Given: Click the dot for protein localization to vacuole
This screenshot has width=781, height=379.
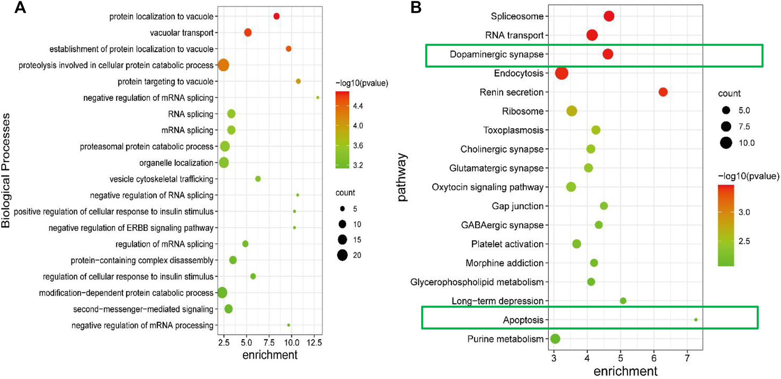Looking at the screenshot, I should coord(276,16).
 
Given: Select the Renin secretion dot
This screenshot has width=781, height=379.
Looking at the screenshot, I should coord(663,92).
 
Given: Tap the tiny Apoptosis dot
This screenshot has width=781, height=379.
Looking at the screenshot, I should coord(695,320).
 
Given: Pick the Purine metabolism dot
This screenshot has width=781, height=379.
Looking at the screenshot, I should coord(555,339).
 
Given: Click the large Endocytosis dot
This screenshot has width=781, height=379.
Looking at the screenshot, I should coord(562,73).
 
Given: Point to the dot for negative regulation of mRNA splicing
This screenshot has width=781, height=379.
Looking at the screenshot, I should coord(318,98).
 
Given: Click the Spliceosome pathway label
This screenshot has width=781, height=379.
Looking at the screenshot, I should coord(517,16).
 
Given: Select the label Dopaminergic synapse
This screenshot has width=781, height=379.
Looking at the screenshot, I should coord(496,54).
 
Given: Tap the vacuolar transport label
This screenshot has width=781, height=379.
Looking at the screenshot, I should coord(182,33).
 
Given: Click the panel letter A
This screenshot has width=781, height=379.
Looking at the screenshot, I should coord(20,7).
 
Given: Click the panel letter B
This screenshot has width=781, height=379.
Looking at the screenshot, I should coord(416,7).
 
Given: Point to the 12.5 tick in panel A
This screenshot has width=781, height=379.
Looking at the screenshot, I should coord(314,343).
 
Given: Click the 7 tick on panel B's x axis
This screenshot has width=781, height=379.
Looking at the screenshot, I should coord(687,357).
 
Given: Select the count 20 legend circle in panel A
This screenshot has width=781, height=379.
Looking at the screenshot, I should coord(342,255).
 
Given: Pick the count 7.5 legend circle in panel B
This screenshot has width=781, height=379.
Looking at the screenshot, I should coord(726,127).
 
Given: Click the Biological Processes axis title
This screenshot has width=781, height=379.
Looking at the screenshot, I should coord(6,171).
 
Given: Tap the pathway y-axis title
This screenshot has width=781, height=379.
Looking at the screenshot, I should coord(402,178).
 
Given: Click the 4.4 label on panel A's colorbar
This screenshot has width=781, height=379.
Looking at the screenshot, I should coord(358,106).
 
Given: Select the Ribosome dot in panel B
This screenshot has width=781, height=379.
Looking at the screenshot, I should coord(572,111).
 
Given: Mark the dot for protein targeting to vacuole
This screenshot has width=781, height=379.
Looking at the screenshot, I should coord(298,82).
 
